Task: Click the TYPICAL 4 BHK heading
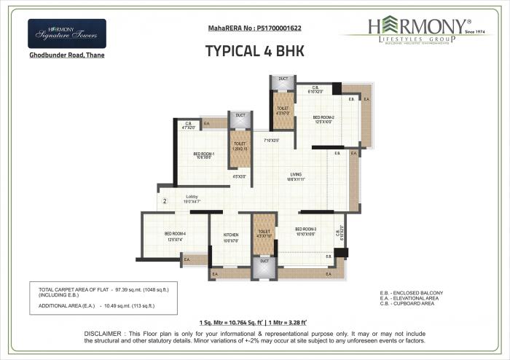(x=254, y=51)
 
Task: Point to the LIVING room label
(x=296, y=175)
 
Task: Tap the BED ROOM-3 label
(x=306, y=231)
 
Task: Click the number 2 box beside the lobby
(x=165, y=200)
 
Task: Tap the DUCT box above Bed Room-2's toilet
(x=283, y=79)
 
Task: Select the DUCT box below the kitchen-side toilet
(x=264, y=261)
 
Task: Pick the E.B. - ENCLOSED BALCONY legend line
(x=412, y=293)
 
